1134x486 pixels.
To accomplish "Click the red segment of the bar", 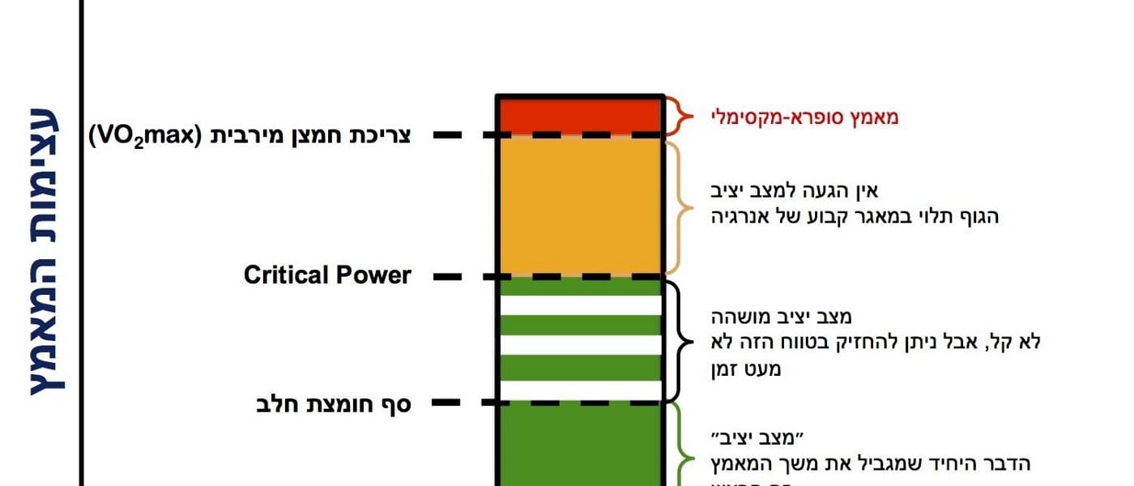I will pos(580,114).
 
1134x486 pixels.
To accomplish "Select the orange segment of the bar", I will pos(580,207).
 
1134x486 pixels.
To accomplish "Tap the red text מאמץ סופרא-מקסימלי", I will pos(805,117).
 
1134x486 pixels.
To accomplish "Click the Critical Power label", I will pos(327,275).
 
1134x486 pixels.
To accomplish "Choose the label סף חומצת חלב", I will pos(333,403).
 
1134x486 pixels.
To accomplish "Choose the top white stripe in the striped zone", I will pos(580,305).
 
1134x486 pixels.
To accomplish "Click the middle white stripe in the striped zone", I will pos(580,344).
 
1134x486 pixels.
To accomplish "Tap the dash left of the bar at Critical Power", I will pos(448,276).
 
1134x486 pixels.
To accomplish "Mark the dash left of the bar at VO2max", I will pos(448,135).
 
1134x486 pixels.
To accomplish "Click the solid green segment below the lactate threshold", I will pos(580,446).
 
